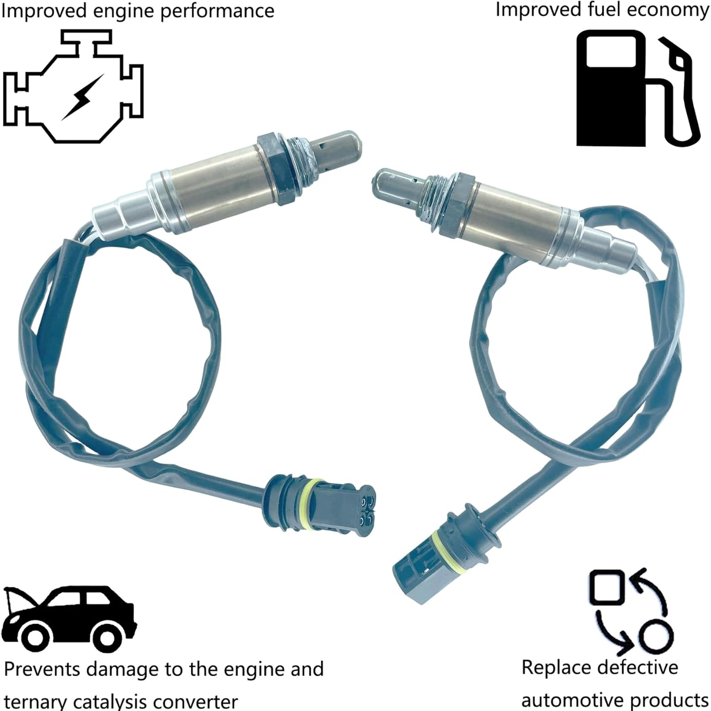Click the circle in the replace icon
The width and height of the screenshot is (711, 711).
click(656, 635)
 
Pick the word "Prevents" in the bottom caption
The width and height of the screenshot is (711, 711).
click(42, 669)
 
